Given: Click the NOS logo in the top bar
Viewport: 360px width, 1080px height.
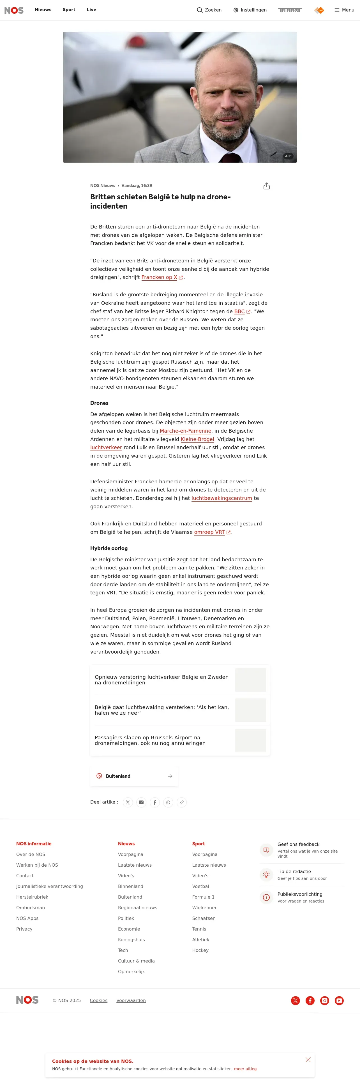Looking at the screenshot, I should (14, 10).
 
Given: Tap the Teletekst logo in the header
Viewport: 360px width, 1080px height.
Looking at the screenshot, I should (290, 10).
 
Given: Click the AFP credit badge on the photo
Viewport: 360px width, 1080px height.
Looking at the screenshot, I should (288, 156).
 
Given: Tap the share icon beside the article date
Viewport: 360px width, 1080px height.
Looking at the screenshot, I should (267, 186).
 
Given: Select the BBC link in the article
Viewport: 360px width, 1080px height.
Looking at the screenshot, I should (239, 311).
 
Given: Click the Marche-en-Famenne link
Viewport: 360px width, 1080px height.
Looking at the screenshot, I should (185, 431).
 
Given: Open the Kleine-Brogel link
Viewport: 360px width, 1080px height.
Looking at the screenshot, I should (197, 439).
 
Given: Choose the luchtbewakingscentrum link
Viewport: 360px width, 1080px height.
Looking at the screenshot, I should (222, 499).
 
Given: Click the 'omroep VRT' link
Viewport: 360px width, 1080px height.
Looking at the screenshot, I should (209, 532).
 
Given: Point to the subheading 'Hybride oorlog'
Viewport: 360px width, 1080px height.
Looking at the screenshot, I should (109, 548).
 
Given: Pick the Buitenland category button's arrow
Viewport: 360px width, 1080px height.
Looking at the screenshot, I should (170, 776).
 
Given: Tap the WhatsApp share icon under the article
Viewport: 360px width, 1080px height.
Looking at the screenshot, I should (168, 802).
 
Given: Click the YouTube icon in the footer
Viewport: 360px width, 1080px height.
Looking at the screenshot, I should (339, 1001).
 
